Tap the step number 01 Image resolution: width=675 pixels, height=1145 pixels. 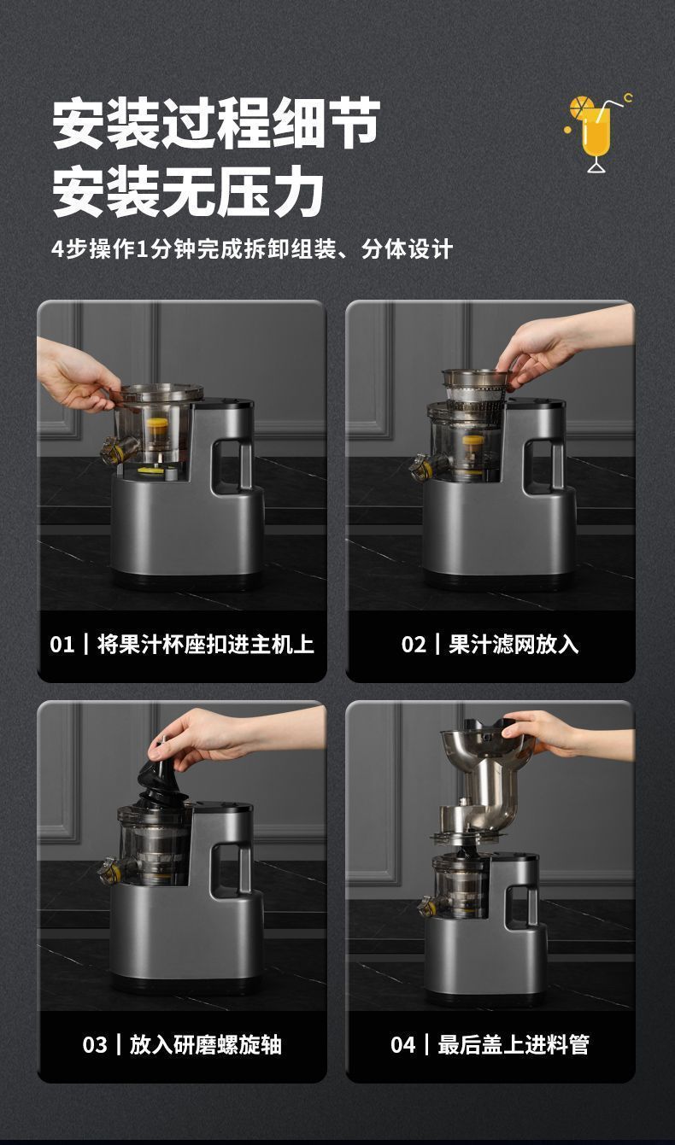point(62,645)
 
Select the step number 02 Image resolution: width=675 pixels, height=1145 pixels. point(414,645)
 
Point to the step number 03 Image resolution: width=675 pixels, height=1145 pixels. point(95,1045)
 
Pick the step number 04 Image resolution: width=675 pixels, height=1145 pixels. point(403,1045)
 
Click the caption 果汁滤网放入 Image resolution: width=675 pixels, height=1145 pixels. point(514,645)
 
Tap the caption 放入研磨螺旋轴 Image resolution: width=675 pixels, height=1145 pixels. point(206,1045)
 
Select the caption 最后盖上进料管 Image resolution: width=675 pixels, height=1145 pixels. point(514,1045)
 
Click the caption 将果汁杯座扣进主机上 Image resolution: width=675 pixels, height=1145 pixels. point(206,645)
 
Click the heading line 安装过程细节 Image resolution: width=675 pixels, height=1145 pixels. point(216,123)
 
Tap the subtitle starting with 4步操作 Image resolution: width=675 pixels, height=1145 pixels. point(252,250)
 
